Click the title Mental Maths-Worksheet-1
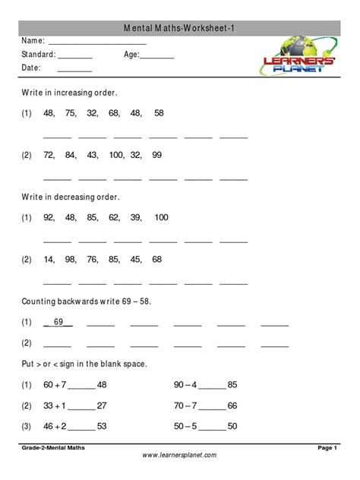point(180,27)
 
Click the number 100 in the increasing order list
point(116,155)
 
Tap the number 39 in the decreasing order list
point(137,217)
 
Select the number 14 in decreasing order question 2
point(49,259)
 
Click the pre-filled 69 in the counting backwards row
point(58,322)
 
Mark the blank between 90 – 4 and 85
point(213,386)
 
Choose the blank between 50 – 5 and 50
point(213,427)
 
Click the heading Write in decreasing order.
point(71,197)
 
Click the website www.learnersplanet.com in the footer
point(180,455)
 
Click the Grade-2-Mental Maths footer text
point(53,448)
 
